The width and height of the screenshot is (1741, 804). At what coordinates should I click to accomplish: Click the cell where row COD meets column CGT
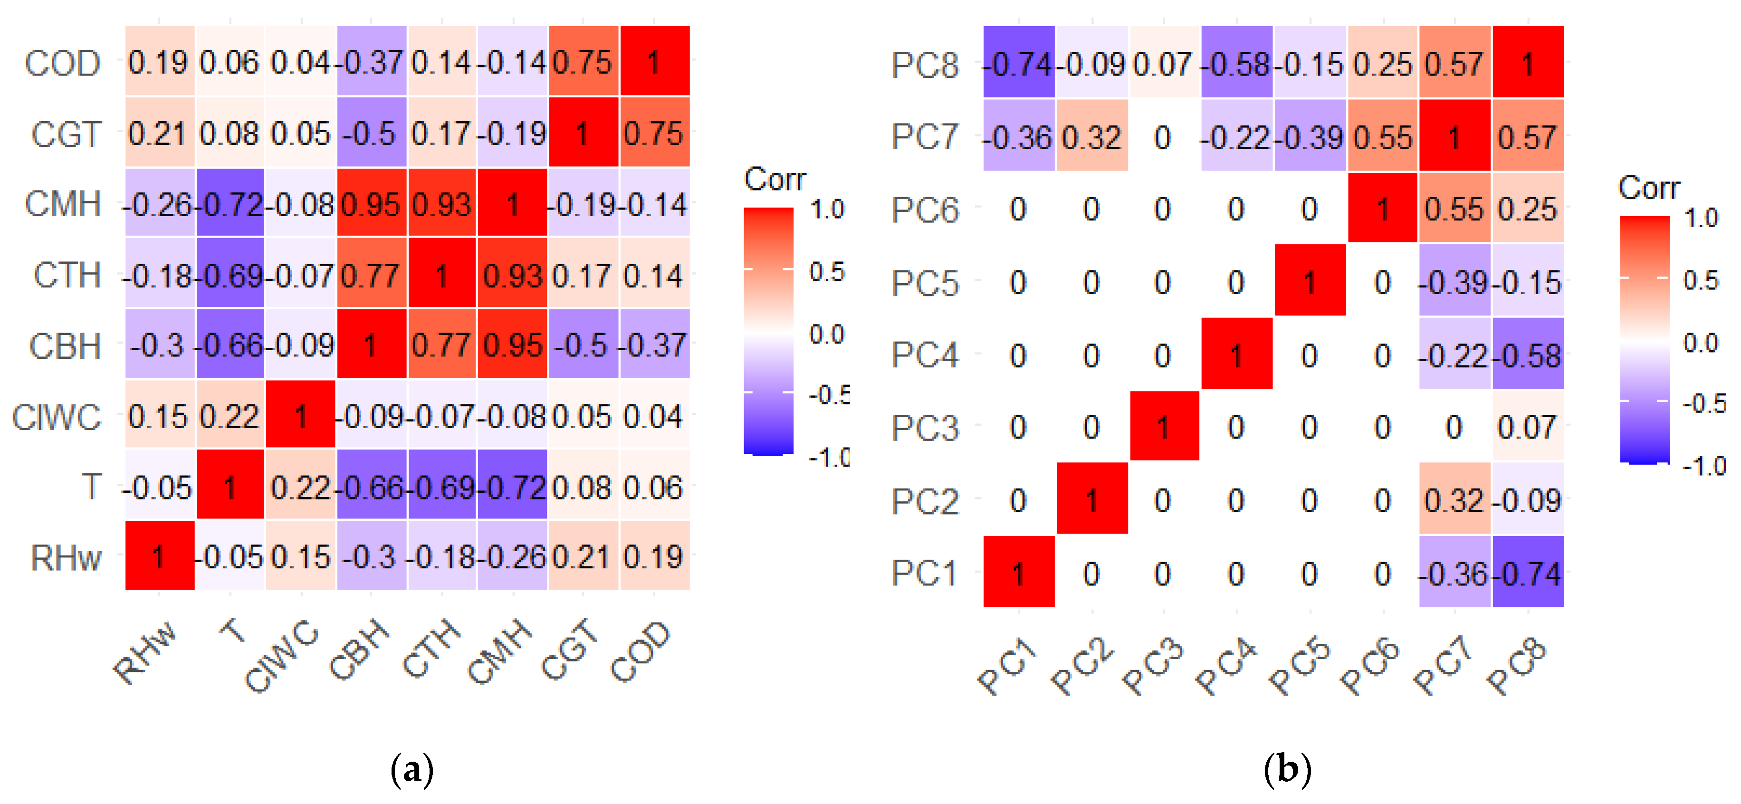[x=583, y=62]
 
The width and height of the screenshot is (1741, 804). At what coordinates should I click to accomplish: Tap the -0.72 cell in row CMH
[x=230, y=203]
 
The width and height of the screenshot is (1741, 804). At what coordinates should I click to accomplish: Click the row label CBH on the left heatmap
[x=65, y=346]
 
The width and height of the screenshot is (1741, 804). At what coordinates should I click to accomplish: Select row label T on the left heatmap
[x=91, y=487]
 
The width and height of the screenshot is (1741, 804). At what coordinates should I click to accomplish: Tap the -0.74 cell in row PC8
[x=1018, y=64]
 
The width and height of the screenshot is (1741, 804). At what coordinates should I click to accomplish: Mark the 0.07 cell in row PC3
[x=1528, y=427]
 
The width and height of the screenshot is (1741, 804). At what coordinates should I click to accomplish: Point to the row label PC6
[x=925, y=210]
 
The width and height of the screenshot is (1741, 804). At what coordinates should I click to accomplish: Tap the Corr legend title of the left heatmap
[x=775, y=179]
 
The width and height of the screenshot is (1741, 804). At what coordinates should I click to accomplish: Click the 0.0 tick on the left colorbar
[x=827, y=333]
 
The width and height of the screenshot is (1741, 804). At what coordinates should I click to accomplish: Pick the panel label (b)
[x=1288, y=769]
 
